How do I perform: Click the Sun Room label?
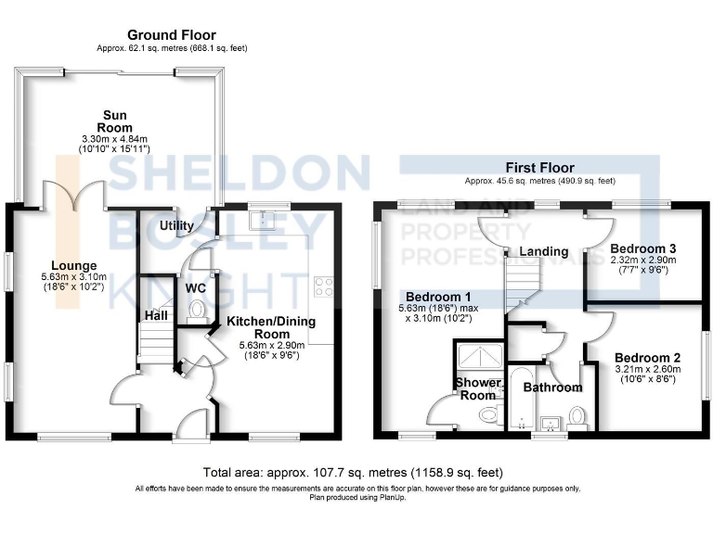[117, 121]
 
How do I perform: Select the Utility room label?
[176, 225]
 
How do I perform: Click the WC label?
[196, 287]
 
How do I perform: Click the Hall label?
[154, 316]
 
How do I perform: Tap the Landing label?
[543, 251]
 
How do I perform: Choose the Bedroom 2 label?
[647, 358]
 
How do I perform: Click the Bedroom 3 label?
[643, 248]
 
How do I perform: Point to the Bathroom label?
[552, 388]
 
